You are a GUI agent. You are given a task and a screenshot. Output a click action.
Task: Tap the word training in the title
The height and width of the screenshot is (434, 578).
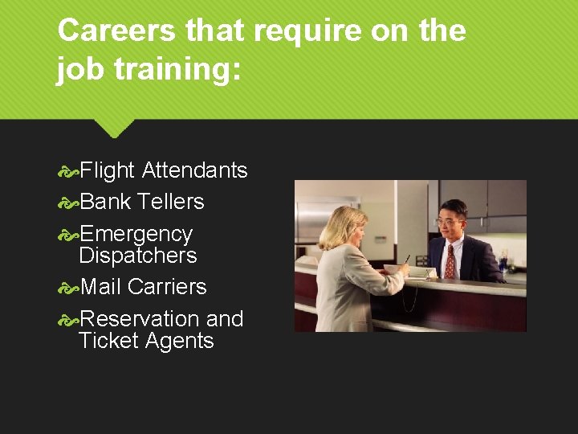coord(177,70)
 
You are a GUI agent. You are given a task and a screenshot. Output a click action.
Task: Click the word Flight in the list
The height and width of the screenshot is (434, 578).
coord(108,170)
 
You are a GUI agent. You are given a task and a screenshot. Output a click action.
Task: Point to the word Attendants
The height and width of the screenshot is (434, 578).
coord(194,170)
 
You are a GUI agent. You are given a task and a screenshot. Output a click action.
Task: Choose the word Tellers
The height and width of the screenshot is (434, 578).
coord(170,202)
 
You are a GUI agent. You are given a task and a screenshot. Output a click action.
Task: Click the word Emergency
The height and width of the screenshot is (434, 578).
coord(136,234)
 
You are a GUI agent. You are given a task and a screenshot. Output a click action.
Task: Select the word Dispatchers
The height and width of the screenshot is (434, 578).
coord(138,256)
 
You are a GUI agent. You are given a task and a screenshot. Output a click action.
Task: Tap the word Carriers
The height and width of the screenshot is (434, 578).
coord(167,287)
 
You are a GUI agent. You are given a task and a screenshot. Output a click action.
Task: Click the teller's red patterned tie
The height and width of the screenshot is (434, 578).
coord(450,260)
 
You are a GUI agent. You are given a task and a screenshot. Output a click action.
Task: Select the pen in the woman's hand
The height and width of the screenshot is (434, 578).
coord(407,260)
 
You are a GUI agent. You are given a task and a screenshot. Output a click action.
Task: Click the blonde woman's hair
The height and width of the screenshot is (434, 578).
coord(341,226)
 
